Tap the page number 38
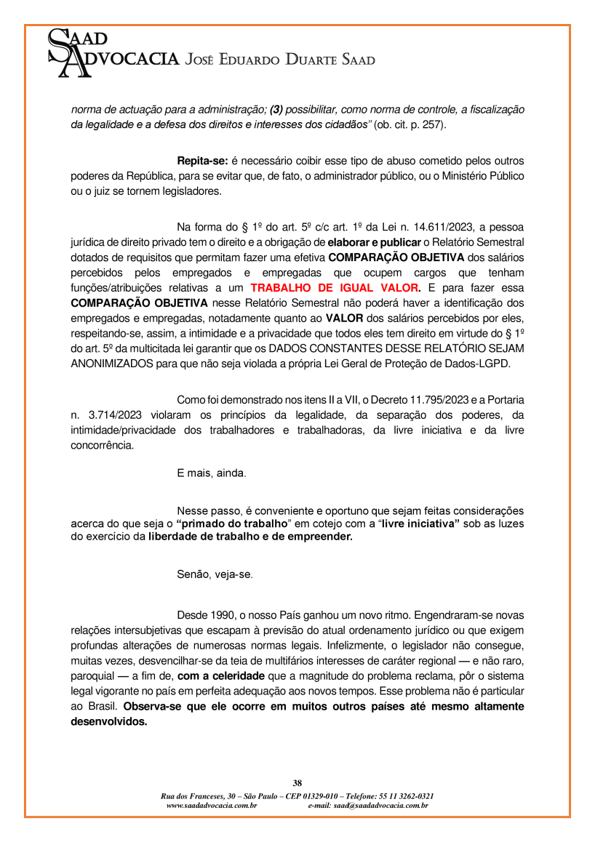(297, 783)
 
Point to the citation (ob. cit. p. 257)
(409, 125)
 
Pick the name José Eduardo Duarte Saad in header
(280, 60)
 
